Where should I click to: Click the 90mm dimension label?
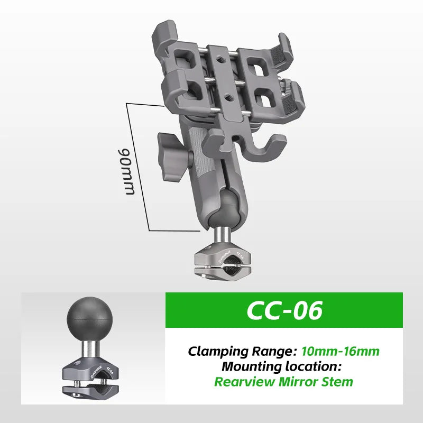[126, 171]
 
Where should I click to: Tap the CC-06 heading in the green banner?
[284, 310]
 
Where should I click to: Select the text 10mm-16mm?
[340, 351]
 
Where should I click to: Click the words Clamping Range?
[240, 352]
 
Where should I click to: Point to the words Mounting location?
[282, 366]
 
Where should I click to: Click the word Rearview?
[244, 382]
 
